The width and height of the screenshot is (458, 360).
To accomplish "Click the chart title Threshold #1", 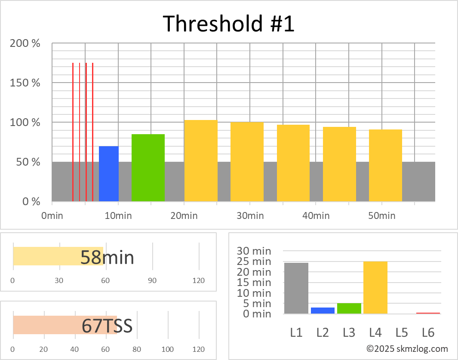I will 229,24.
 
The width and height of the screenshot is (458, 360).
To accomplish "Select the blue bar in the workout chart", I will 108,174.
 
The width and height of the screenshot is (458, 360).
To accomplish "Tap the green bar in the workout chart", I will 148,168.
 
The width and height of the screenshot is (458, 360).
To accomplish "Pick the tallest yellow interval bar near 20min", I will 201,160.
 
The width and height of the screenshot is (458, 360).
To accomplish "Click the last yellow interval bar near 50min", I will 385,165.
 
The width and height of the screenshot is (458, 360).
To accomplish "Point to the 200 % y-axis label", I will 25,43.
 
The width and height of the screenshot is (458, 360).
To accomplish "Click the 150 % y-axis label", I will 25,83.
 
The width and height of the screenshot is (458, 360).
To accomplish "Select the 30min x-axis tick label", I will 249,215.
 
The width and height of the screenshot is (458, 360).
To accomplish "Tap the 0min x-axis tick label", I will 52,215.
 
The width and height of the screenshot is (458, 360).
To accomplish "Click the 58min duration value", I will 107,258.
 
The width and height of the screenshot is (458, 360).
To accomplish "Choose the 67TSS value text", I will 107,326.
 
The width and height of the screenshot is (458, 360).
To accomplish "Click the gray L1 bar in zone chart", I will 296,288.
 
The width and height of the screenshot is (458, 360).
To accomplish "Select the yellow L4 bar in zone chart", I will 375,287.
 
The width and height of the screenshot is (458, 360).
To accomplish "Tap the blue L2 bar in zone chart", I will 323,311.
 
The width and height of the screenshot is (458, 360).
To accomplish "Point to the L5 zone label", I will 402,332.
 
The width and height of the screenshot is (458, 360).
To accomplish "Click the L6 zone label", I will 428,332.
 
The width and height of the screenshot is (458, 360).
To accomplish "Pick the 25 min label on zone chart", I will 255,262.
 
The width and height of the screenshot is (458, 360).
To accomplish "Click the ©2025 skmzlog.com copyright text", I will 407,349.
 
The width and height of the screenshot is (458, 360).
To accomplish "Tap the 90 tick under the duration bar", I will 152,281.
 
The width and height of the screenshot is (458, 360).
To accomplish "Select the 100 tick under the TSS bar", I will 168,349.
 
